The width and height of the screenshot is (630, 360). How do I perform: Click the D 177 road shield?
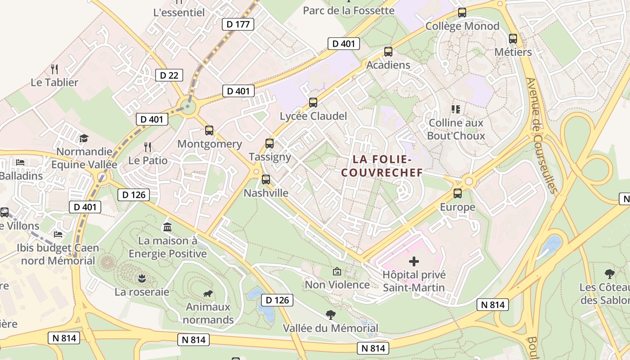(x=238, y=24)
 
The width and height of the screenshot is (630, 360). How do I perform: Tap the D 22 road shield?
(x=169, y=75)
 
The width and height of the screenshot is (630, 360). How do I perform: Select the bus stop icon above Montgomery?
(x=209, y=130)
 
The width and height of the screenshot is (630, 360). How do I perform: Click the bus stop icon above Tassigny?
(x=269, y=144)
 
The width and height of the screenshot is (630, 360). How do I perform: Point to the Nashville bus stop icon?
(x=266, y=180)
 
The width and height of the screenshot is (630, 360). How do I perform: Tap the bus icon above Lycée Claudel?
(x=313, y=103)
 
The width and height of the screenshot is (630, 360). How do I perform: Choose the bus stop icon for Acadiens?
(x=388, y=52)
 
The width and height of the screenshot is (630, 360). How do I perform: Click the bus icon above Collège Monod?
(x=462, y=13)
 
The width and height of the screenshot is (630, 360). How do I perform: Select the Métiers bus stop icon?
(x=513, y=39)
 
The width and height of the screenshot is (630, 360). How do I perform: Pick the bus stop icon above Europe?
(x=458, y=193)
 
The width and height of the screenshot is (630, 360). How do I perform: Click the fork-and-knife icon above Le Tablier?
(x=54, y=69)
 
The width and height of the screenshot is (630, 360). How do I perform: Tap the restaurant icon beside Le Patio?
(x=147, y=147)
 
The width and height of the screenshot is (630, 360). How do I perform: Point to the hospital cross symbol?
(x=414, y=261)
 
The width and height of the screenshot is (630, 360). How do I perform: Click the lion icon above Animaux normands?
(x=208, y=294)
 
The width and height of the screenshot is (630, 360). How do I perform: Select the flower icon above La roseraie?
(x=142, y=279)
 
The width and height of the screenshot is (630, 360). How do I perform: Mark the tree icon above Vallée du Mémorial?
(x=330, y=315)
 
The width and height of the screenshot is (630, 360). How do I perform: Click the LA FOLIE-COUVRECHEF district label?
(x=382, y=166)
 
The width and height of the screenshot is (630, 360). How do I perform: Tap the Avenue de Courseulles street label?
(x=541, y=135)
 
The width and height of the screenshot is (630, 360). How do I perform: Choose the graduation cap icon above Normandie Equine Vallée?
(x=84, y=138)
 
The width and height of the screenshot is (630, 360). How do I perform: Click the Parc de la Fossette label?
(x=349, y=10)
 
